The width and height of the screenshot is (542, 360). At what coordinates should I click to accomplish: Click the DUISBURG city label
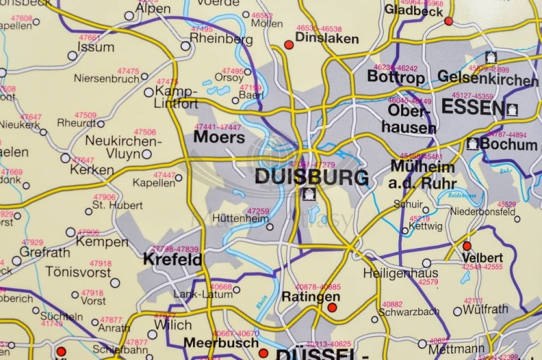click(x=311, y=176)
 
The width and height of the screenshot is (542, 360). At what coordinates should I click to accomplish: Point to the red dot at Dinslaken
click(x=289, y=45)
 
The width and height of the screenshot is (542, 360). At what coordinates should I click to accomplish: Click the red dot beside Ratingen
click(x=332, y=308)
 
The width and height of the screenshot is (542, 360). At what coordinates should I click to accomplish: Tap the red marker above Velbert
click(x=467, y=246)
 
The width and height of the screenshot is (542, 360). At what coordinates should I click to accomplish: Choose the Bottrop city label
click(x=396, y=76)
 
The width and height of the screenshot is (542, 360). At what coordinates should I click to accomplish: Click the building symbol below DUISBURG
click(x=309, y=194)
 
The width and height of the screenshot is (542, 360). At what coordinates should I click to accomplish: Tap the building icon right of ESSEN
click(x=512, y=109)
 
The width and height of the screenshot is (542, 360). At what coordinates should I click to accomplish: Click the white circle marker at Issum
click(x=72, y=55)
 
